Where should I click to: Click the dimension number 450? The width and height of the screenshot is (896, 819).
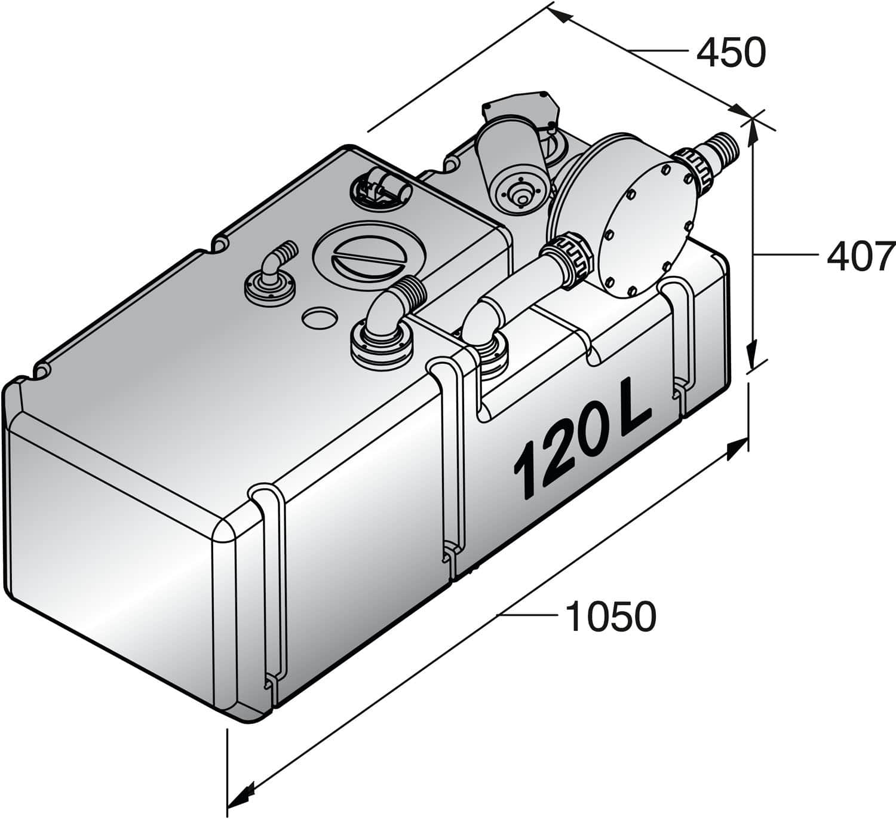[x=731, y=53]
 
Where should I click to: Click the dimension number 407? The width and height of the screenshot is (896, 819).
[x=860, y=256]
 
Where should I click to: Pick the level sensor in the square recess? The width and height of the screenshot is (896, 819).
[x=382, y=185]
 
